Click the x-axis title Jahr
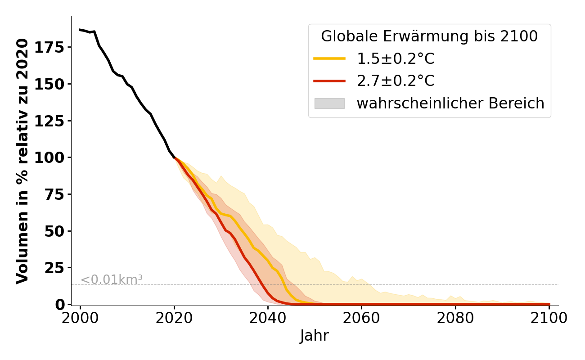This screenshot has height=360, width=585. [x=314, y=336]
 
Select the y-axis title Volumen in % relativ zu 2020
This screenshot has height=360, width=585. [x=23, y=161]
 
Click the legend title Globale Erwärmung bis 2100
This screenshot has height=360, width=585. [x=429, y=37]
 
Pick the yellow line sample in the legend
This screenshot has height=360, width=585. [x=329, y=58]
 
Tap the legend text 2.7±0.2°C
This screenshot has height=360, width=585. [x=396, y=81]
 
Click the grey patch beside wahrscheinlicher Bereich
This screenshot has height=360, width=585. [x=329, y=103]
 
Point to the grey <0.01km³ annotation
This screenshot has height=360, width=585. [x=112, y=279]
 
